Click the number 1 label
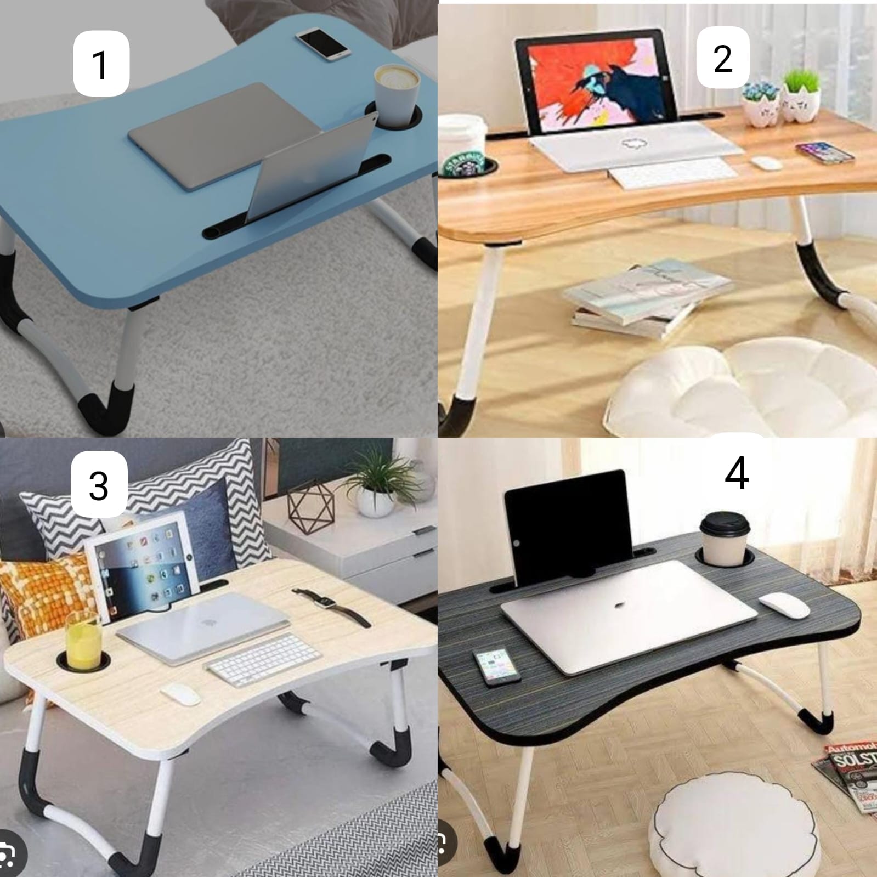pyautogui.click(x=101, y=63)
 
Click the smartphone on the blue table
pyautogui.click(x=324, y=43)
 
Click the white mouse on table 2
pyautogui.click(x=766, y=163)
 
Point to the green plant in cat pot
pyautogui.click(x=801, y=96)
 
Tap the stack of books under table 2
pyautogui.click(x=647, y=299)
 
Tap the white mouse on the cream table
pyautogui.click(x=180, y=694)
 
